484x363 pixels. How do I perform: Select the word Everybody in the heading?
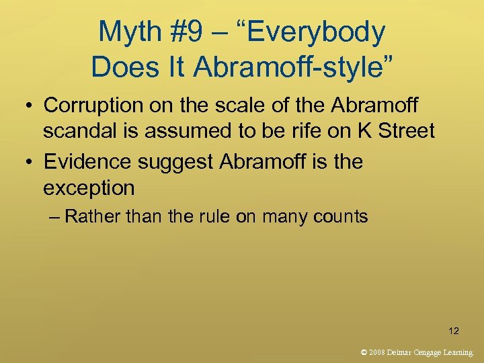321,32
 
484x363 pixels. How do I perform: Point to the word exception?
89,188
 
